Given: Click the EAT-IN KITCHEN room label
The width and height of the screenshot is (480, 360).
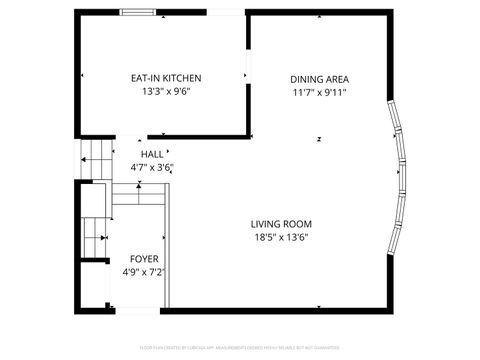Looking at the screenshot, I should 166,78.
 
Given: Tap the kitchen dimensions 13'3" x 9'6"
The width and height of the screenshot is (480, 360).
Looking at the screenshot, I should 166,91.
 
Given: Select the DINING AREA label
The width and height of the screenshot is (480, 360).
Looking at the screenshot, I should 320,79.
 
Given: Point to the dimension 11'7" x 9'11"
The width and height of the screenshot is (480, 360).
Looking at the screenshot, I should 320,92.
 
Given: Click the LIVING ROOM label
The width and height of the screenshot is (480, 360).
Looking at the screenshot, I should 282,224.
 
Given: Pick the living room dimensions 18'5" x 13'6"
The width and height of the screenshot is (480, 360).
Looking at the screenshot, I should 282,237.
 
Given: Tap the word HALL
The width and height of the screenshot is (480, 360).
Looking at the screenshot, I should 152,154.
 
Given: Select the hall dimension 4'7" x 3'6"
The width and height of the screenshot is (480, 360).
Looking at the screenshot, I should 152,167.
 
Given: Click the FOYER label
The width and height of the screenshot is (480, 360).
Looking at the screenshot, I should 144,258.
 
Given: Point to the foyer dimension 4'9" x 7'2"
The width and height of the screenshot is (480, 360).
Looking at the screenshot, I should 144,271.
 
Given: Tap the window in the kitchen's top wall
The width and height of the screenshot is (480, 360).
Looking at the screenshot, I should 139,13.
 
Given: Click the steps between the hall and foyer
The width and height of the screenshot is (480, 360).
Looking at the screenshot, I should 137,193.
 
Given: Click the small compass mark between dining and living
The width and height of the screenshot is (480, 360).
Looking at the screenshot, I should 318,138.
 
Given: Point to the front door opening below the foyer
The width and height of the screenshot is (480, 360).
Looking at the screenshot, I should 134,308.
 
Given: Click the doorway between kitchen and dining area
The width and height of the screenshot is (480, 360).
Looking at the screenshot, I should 248,72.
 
